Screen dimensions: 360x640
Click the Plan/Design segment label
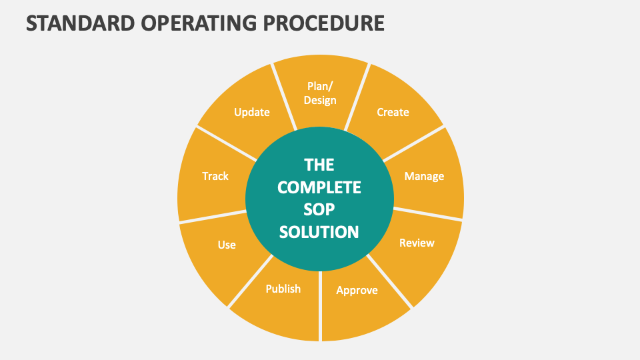320,93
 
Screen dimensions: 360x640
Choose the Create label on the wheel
393,112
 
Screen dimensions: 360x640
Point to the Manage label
424,176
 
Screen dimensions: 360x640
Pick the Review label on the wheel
417,243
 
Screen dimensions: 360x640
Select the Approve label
357,290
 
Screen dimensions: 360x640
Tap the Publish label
283,289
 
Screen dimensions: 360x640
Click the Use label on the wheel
227,245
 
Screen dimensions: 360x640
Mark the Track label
215,176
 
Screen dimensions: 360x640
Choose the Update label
252,112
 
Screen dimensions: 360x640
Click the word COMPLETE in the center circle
319,187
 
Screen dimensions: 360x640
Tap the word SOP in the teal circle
319,209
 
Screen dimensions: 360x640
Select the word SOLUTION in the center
319,231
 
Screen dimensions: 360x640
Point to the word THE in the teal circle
319,165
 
